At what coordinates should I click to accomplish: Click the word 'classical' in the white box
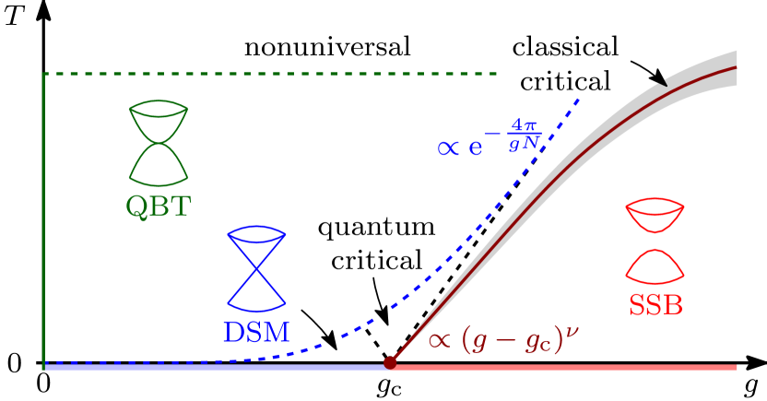[x=564, y=48]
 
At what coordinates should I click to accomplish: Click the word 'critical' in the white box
[x=564, y=80]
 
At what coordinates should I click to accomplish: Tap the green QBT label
[x=158, y=206]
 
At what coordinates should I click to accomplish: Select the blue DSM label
[x=255, y=332]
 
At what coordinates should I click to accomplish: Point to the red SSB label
[x=655, y=304]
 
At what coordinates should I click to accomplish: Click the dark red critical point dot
[x=390, y=362]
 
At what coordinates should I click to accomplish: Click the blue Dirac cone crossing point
[x=256, y=268]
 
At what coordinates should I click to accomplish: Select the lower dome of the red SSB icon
[x=655, y=266]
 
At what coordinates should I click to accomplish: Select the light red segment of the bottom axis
[x=562, y=367]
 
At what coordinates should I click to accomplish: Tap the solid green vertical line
[x=43, y=221]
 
